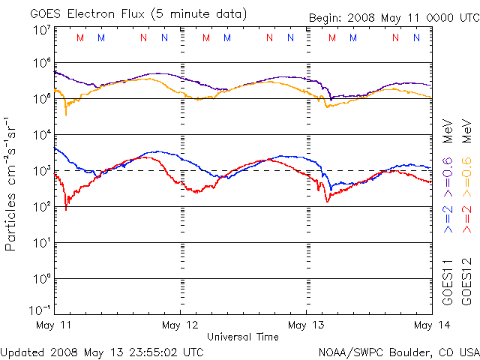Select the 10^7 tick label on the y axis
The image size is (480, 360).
click(41, 31)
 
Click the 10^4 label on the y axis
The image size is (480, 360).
click(41, 135)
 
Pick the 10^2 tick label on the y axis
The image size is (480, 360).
click(41, 207)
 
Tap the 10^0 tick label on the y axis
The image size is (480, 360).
click(41, 279)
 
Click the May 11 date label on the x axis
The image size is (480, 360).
click(54, 325)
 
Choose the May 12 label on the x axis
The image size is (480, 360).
click(180, 325)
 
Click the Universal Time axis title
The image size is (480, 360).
click(242, 337)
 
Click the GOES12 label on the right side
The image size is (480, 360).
click(466, 282)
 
